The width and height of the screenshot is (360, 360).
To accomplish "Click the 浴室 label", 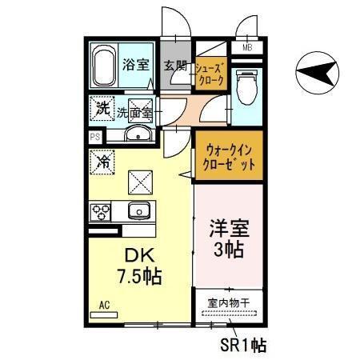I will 135,64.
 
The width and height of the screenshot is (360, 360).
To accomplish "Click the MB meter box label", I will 247,46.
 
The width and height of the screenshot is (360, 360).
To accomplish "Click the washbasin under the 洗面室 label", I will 137,134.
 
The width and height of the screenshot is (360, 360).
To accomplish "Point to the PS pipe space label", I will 94,137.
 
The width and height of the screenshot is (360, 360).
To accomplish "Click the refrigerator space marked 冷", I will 103,162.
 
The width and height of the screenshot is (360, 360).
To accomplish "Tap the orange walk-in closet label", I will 227,155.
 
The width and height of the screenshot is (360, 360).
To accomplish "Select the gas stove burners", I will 102,211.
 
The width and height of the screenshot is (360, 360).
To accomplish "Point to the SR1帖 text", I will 243,346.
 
